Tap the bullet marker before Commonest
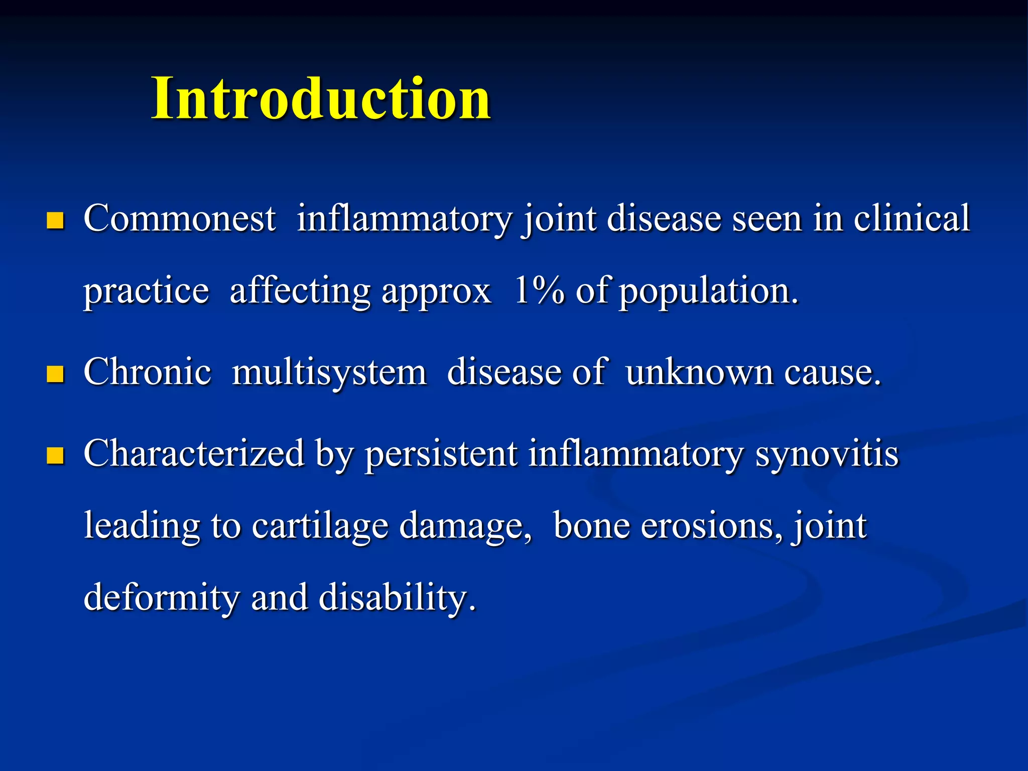point(55,220)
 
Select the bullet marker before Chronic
point(55,374)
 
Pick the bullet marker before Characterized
point(55,455)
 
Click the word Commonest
point(179,219)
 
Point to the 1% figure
point(539,291)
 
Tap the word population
point(708,292)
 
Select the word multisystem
point(329,373)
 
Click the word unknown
point(700,373)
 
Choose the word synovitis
point(827,454)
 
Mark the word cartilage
point(320,527)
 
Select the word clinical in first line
point(912,219)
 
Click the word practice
point(146,292)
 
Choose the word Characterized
point(194,454)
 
